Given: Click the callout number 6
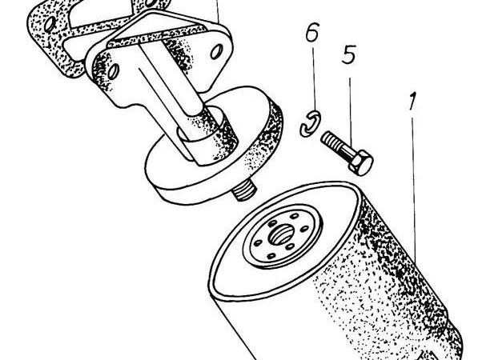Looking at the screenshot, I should [313, 34].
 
